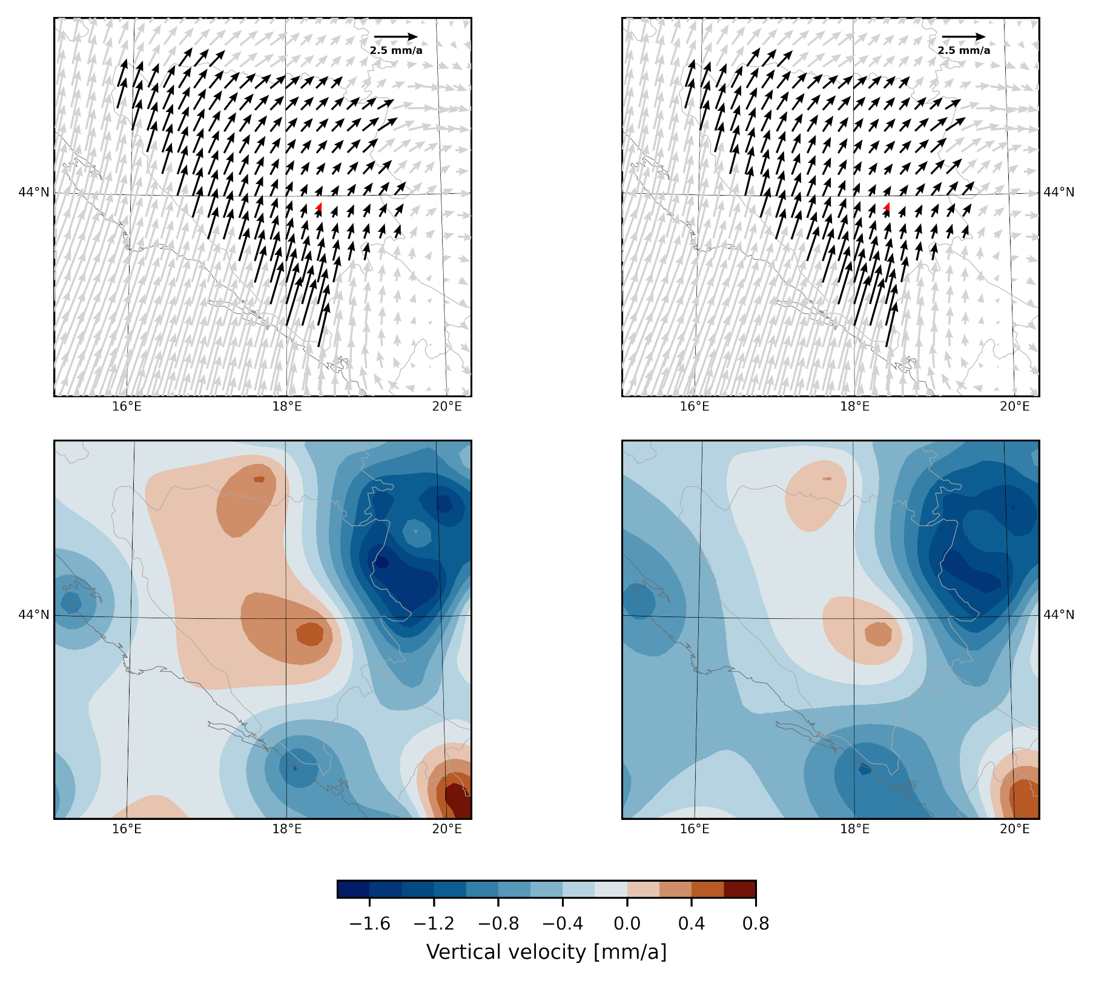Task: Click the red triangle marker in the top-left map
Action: tap(319, 208)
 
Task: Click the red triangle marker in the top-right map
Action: tap(887, 208)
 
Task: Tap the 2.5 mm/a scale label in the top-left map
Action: tap(396, 50)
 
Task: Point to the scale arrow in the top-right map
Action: tap(963, 37)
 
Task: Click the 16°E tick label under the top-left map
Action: tap(127, 406)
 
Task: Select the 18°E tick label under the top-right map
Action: tap(854, 406)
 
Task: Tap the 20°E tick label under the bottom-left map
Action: tap(447, 828)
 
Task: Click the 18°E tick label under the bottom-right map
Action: tap(854, 828)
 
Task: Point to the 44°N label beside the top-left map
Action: tap(34, 193)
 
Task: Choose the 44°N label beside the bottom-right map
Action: tap(1058, 615)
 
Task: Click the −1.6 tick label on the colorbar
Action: tap(369, 924)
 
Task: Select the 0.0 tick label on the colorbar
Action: tap(627, 924)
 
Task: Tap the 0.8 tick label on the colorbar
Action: tap(756, 924)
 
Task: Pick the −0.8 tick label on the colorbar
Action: tap(498, 924)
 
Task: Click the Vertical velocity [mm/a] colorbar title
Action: tap(546, 953)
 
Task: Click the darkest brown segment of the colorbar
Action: tap(739, 889)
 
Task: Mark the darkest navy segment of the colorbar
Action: tap(354, 889)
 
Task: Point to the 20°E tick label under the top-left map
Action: tap(447, 406)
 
